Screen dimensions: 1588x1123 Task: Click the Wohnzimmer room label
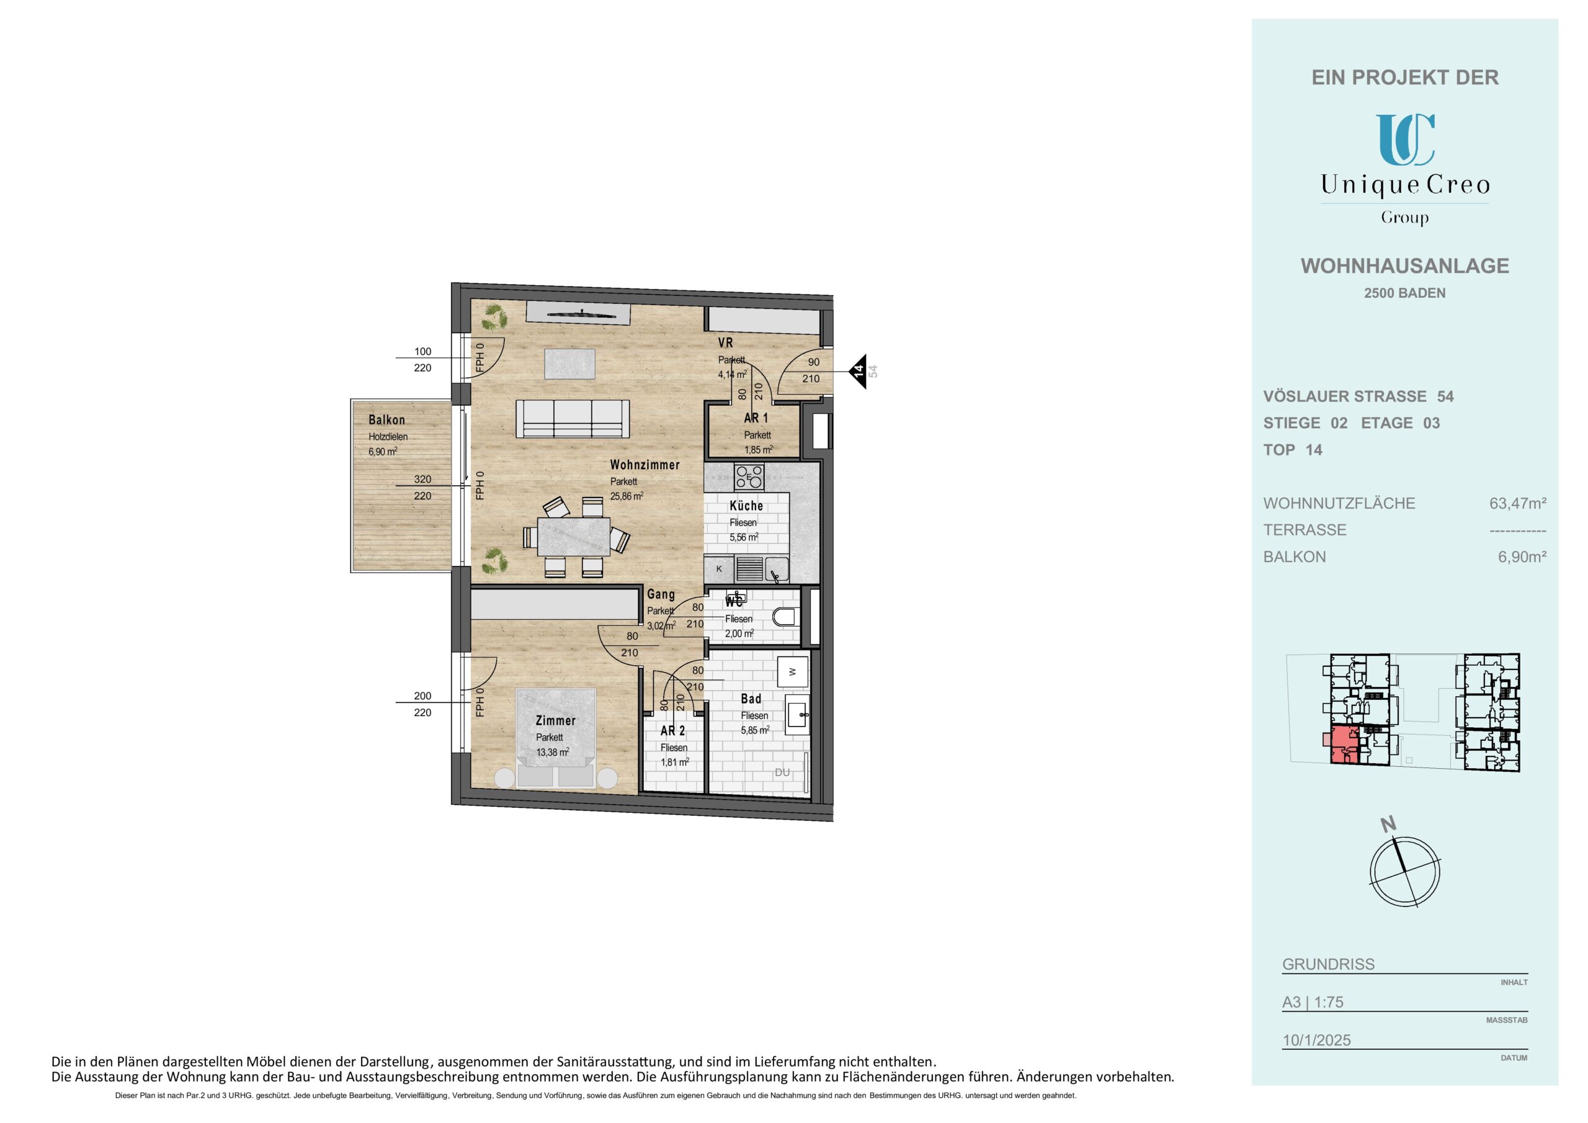point(645,465)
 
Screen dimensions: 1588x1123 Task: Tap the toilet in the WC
point(785,617)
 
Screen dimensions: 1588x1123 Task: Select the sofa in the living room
point(573,419)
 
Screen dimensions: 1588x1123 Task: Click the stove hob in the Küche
point(749,476)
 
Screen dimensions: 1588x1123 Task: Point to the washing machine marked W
point(793,671)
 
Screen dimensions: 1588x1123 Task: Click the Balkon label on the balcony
point(386,420)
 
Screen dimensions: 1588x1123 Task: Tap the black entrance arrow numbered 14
point(859,372)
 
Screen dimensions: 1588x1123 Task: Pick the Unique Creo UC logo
point(1405,139)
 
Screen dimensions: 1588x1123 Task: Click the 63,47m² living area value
point(1518,504)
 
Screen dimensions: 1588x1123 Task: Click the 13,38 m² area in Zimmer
point(553,752)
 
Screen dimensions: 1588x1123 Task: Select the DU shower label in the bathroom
point(782,772)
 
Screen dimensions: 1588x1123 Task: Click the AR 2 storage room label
point(673,731)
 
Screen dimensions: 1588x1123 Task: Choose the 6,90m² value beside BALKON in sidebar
point(1522,557)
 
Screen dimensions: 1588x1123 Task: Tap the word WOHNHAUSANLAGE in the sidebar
point(1405,266)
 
